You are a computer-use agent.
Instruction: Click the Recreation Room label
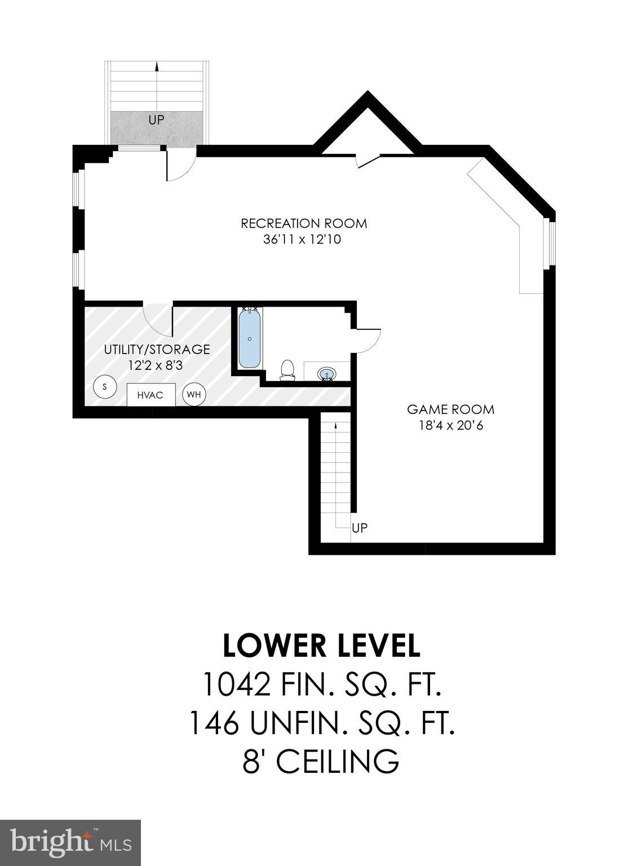(304, 223)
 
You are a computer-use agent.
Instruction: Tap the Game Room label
(450, 409)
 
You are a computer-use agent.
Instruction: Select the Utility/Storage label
(157, 350)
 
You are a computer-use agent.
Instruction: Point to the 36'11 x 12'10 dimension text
(302, 240)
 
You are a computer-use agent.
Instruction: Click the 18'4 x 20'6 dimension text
(450, 425)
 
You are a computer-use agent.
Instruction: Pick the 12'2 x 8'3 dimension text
(155, 365)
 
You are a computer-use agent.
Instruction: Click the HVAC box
(150, 395)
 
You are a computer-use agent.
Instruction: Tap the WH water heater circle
(194, 395)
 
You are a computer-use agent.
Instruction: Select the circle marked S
(104, 387)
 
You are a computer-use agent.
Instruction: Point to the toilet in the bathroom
(288, 370)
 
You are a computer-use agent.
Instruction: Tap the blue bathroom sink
(327, 373)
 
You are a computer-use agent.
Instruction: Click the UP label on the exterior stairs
(157, 120)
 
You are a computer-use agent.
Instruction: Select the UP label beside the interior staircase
(360, 528)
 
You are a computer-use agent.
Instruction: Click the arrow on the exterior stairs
(157, 67)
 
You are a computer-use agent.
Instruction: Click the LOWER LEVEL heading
(321, 646)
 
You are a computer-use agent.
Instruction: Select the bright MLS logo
(70, 843)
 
